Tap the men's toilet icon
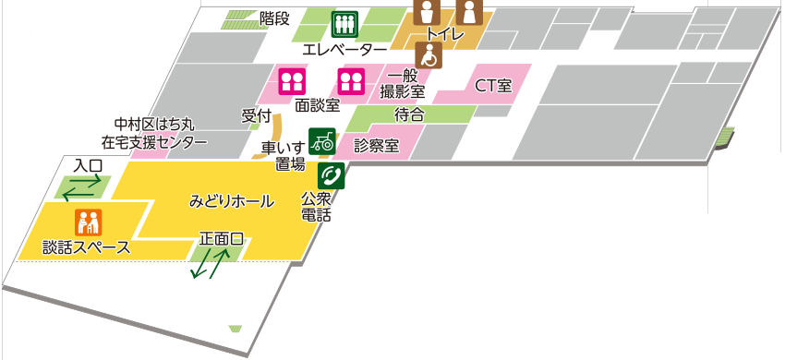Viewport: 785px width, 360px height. (428, 11)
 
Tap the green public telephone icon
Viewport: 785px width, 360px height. (331, 175)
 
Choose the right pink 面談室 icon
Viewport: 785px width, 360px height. (350, 81)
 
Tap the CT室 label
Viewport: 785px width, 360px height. (493, 86)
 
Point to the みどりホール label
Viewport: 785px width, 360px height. (232, 199)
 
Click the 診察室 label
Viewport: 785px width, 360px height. (376, 146)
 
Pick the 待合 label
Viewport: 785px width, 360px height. (409, 114)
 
